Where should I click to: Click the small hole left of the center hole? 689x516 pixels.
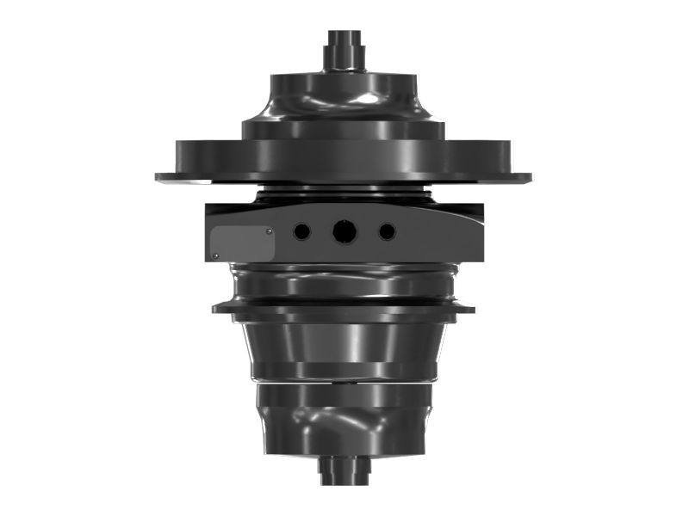tap(301, 231)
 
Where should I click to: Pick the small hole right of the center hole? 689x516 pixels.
tap(387, 231)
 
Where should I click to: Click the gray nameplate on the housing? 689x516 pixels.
tap(243, 243)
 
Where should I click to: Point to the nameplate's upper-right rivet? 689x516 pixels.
tap(270, 230)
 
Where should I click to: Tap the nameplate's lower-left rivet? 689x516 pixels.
tap(215, 255)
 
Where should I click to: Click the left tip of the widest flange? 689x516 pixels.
tap(159, 177)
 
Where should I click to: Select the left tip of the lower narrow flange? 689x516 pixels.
tap(216, 308)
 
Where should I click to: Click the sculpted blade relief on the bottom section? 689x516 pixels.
tap(340, 423)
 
